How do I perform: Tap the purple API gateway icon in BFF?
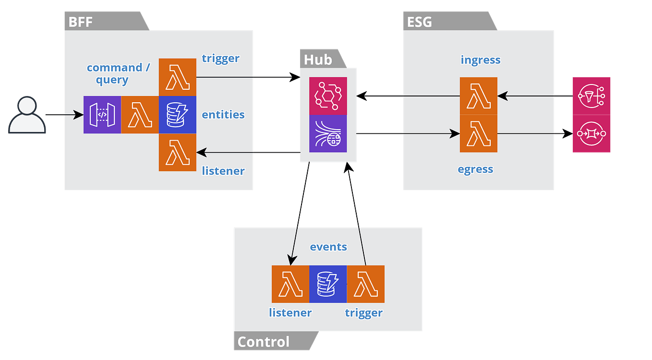(102, 115)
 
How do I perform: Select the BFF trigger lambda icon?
(178, 77)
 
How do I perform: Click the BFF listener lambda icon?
(178, 152)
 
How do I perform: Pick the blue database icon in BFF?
(178, 115)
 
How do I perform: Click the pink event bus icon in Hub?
(328, 96)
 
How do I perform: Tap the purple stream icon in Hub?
(328, 133)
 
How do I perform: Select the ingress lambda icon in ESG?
(478, 96)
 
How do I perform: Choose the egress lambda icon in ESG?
(478, 133)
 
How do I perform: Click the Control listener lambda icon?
(290, 284)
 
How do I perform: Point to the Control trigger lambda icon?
(365, 284)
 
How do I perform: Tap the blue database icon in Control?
(328, 284)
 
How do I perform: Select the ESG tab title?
(419, 22)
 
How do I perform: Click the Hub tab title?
(318, 60)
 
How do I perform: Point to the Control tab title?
(264, 342)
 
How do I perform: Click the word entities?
(223, 115)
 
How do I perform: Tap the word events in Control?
(328, 247)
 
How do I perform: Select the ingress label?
(481, 60)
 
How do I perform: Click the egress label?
(475, 169)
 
